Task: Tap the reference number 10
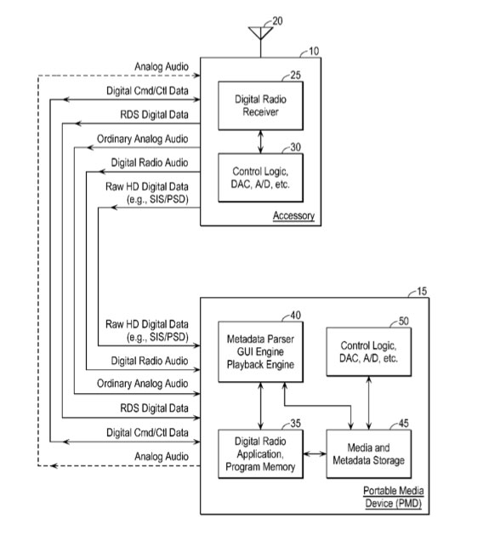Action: tap(314, 51)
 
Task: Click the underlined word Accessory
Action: tap(293, 215)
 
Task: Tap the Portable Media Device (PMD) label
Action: tap(394, 497)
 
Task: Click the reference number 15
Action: tap(422, 291)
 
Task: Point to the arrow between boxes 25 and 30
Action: tap(260, 141)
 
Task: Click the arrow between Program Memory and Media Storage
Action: tap(315, 454)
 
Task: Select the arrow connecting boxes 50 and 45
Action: tap(369, 403)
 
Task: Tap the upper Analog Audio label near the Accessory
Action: tap(162, 66)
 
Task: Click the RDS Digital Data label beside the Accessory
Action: tap(154, 115)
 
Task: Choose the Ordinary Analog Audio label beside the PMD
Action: tap(142, 384)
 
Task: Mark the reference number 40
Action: tap(295, 316)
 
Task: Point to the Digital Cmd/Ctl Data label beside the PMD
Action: tap(147, 432)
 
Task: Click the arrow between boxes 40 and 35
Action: tap(260, 406)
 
